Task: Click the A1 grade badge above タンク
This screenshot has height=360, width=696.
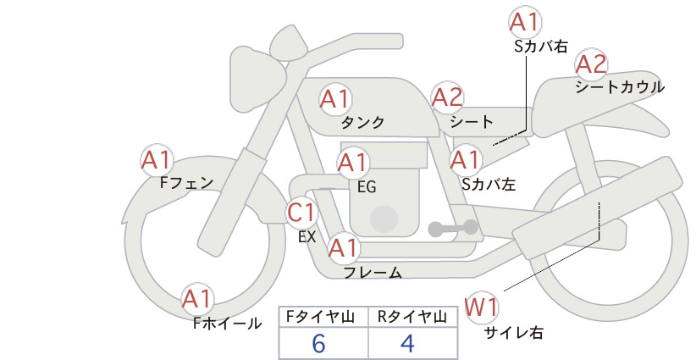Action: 335,98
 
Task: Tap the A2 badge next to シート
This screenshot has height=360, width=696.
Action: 447,97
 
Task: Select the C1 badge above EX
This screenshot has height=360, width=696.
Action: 301,212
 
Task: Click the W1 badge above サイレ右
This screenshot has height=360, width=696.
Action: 481,307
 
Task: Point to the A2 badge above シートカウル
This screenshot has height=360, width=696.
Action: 591,64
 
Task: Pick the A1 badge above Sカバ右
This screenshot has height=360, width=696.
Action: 525,22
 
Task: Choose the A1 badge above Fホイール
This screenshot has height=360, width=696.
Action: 197,298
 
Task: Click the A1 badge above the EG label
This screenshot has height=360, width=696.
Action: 353,163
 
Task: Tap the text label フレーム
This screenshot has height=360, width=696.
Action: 373,273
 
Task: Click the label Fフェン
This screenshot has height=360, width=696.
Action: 186,182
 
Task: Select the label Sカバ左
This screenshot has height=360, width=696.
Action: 489,184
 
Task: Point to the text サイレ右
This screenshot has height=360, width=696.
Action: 514,333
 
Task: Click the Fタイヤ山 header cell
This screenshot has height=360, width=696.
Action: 323,317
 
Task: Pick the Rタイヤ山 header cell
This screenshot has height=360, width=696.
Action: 413,317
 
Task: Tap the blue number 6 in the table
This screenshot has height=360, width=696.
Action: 318,343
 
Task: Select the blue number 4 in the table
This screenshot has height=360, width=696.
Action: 407,343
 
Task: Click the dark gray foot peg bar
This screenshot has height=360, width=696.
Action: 453,228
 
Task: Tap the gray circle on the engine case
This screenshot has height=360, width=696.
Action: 384,219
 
